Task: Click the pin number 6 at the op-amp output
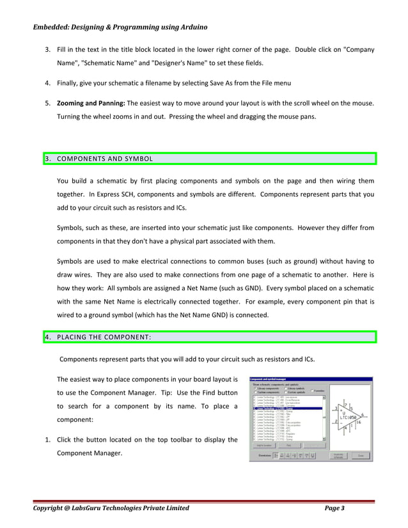pyautogui.click(x=363, y=414)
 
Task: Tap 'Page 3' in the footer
pyautogui.click(x=334, y=508)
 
